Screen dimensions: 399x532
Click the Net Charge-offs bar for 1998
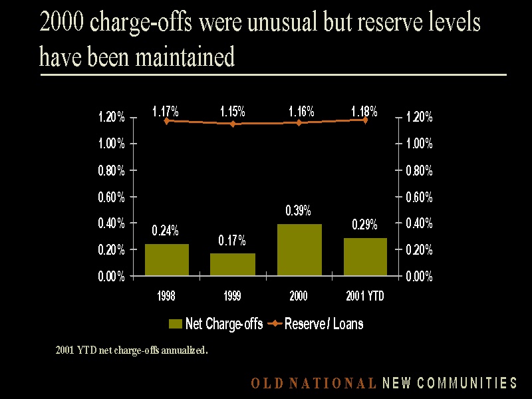pyautogui.click(x=166, y=259)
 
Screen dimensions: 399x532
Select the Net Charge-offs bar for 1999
pyautogui.click(x=233, y=264)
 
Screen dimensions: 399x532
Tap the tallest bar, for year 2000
pyautogui.click(x=299, y=249)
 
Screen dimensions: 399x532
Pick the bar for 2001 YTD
pyautogui.click(x=365, y=256)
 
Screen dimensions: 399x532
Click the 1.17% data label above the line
pyautogui.click(x=165, y=112)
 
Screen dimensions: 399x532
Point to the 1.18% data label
pyautogui.click(x=364, y=111)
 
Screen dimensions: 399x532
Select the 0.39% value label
pyautogui.click(x=298, y=211)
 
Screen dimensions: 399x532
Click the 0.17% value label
pyautogui.click(x=232, y=240)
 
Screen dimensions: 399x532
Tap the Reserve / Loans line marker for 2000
pyautogui.click(x=299, y=122)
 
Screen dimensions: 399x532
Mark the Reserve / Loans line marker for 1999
pyautogui.click(x=233, y=124)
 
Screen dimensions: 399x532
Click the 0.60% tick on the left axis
pyautogui.click(x=111, y=197)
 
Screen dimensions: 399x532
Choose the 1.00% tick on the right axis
pyautogui.click(x=419, y=144)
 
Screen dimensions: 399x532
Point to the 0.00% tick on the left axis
pyautogui.click(x=111, y=277)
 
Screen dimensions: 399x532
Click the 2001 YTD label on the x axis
pyautogui.click(x=365, y=297)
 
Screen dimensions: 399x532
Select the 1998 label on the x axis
pyautogui.click(x=166, y=297)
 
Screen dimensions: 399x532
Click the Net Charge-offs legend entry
pyautogui.click(x=216, y=324)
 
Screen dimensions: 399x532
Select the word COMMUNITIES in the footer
pyautogui.click(x=473, y=383)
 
